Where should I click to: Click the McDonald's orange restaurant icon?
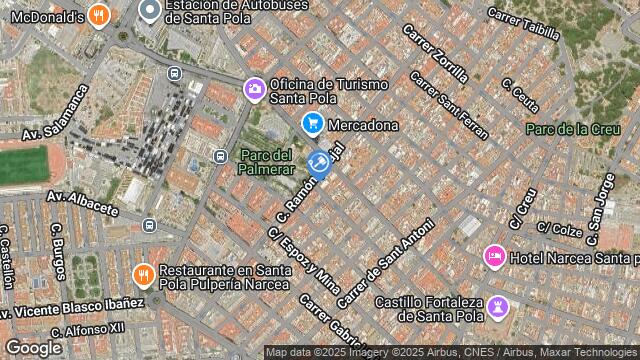click(97, 15)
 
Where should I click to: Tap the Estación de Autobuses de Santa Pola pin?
click(150, 11)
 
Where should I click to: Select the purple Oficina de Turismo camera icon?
click(255, 90)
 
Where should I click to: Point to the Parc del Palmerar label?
click(266, 162)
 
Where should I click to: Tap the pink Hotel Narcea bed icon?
click(494, 257)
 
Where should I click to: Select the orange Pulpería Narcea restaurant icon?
click(143, 274)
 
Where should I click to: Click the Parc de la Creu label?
click(567, 128)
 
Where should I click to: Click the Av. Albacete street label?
click(82, 202)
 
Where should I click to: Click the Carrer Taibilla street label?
click(523, 23)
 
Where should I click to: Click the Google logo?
click(33, 347)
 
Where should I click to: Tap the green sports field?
click(22, 165)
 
